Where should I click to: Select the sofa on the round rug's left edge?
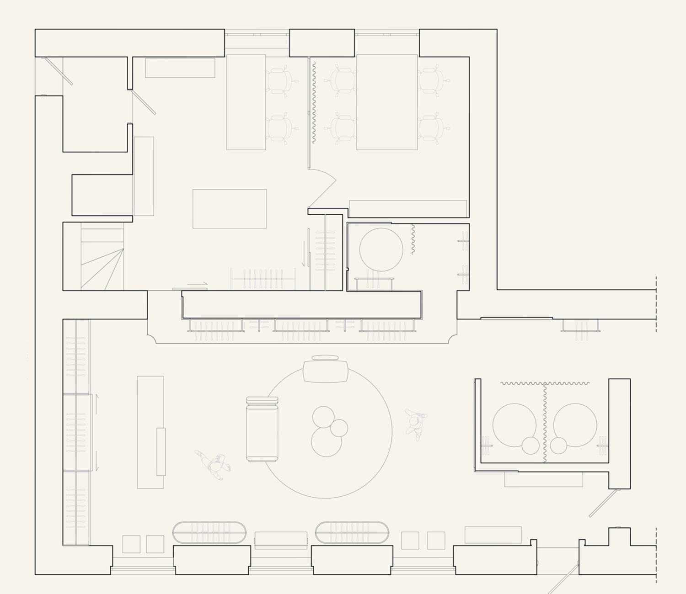pos(262,430)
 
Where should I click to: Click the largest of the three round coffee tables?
pos(326,442)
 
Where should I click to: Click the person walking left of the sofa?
pos(214,465)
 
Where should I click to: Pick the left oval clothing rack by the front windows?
pos(209,532)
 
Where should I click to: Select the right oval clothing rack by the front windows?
pos(352,532)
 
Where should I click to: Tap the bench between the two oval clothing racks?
pos(281,539)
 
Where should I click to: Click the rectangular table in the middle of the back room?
pos(230,209)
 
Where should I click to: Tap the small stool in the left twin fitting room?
pos(531,445)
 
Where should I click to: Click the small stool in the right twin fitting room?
pos(558,445)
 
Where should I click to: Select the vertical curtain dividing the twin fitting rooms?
pos(545,423)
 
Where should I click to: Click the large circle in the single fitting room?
pos(381,249)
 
